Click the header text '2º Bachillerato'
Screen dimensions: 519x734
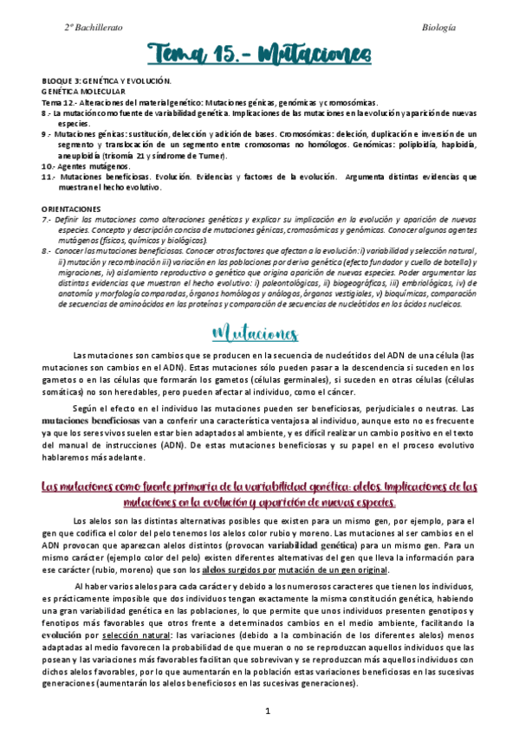pos(93,28)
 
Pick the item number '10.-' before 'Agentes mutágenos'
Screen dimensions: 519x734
pos(50,165)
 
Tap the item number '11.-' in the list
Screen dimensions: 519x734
pos(49,177)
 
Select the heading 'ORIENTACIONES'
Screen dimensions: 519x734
pos(71,209)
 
